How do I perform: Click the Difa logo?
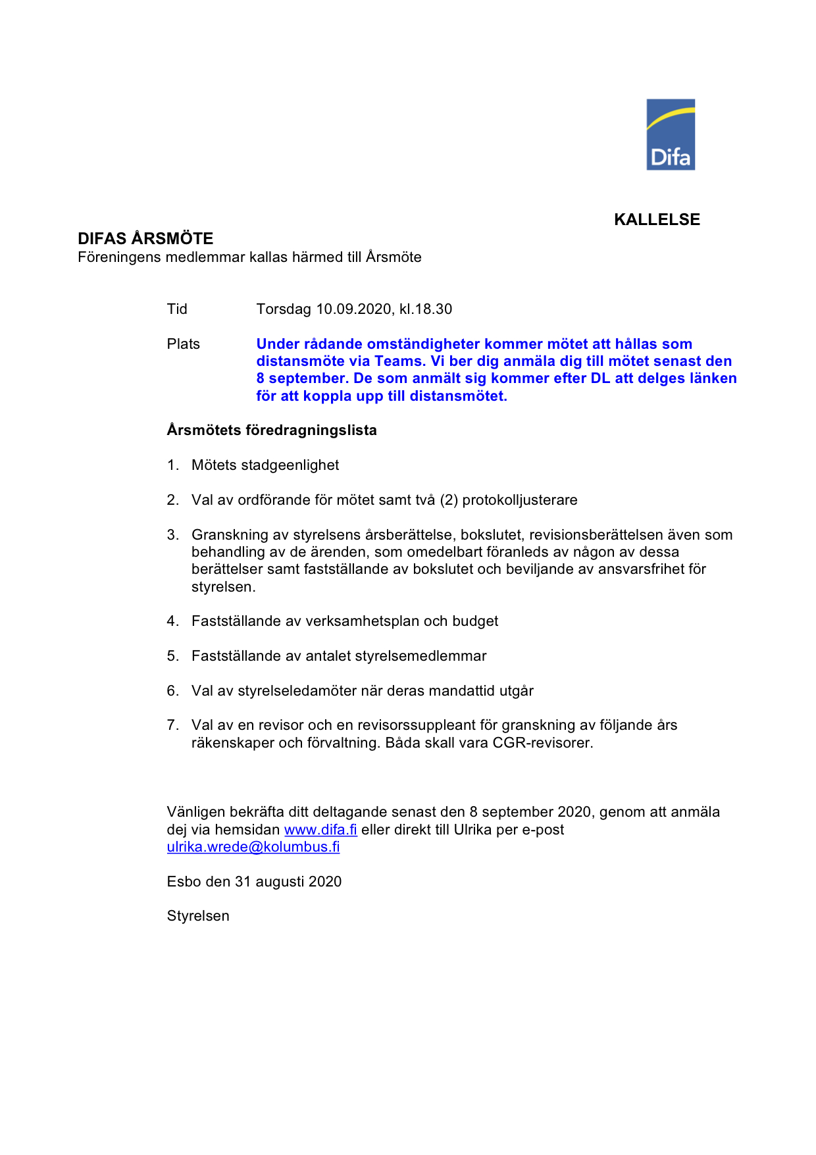click(671, 135)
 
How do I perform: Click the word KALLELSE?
click(657, 220)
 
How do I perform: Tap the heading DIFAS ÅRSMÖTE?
click(145, 238)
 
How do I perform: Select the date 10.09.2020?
click(355, 309)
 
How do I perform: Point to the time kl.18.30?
click(426, 309)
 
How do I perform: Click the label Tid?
click(177, 309)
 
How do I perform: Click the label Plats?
click(183, 344)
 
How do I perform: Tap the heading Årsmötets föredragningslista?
click(272, 430)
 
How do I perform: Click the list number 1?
click(172, 465)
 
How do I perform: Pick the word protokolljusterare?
click(520, 500)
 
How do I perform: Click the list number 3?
click(172, 535)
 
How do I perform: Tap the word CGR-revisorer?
click(543, 743)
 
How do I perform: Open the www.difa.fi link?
click(320, 830)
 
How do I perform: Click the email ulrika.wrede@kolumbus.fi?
click(253, 847)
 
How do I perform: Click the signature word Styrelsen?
click(198, 916)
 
